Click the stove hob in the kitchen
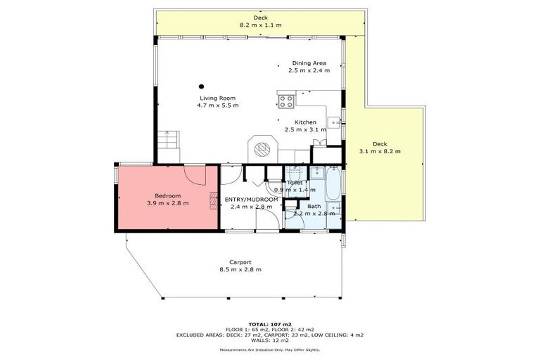(x=285, y=101)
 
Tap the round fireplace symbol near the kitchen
(x=262, y=148)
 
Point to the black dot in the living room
(x=200, y=86)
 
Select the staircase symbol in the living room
(x=167, y=148)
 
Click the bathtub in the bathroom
(x=333, y=183)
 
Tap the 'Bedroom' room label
(x=168, y=195)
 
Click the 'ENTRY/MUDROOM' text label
(x=252, y=200)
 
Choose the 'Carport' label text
(x=240, y=262)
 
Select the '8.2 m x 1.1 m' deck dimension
(x=260, y=25)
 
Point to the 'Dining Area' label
(x=309, y=63)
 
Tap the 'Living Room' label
(x=217, y=98)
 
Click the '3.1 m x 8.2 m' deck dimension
(x=380, y=150)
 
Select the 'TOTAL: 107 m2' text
(x=269, y=324)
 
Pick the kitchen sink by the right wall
(x=337, y=122)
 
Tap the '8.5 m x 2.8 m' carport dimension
(x=240, y=270)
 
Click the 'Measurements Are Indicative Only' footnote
(x=269, y=349)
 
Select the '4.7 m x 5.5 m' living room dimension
(x=217, y=105)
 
